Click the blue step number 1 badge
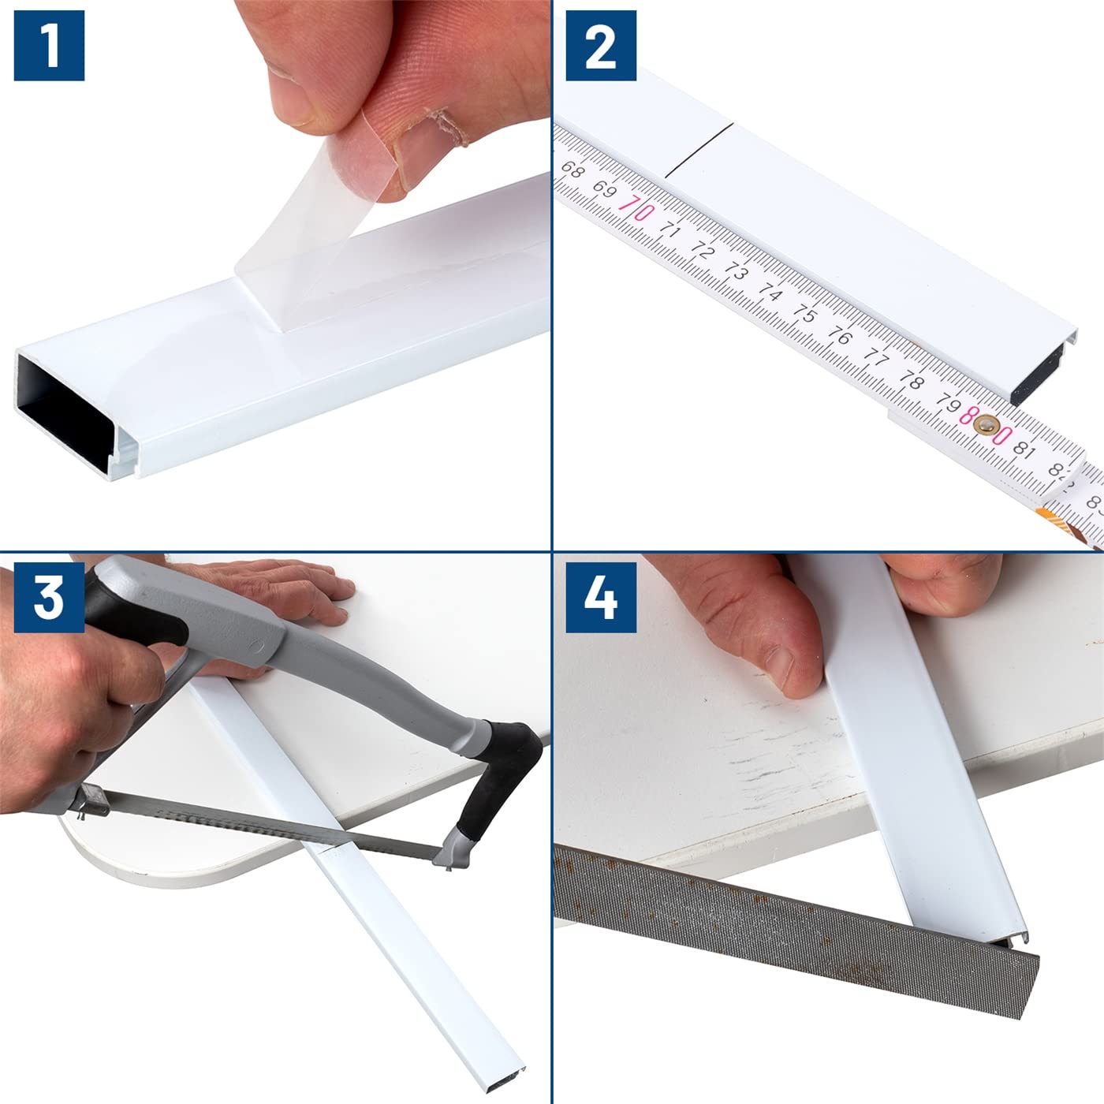pos(49,45)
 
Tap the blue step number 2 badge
pos(601,45)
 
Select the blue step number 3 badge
pos(49,598)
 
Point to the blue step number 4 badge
pos(601,598)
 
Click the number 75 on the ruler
pos(804,314)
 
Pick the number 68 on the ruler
pos(572,170)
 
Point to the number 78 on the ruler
pos(911,380)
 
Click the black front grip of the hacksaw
pos(498,774)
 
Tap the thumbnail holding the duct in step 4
pos(782,665)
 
